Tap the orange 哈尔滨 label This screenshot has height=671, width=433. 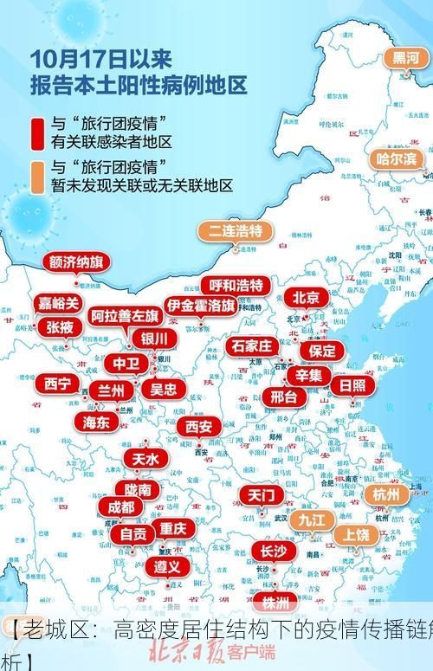click(397, 158)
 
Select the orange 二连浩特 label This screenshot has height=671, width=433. click(235, 231)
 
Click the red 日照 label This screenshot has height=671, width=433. click(352, 385)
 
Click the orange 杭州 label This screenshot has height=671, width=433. click(385, 494)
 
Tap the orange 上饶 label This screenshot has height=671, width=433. click(356, 534)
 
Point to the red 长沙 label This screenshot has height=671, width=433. click(274, 551)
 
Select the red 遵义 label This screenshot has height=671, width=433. click(167, 566)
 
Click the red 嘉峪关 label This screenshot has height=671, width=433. click(59, 303)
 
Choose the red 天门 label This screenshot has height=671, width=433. click(261, 495)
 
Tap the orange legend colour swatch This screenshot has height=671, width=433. click(38, 176)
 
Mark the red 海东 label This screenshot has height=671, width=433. click(96, 422)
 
